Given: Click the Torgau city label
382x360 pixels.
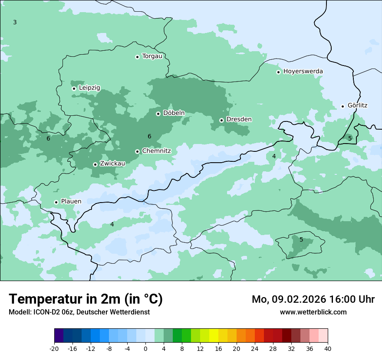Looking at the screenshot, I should coord(152,56).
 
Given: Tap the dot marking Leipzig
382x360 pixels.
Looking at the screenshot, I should coord(74,88).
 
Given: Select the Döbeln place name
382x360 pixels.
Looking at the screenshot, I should coord(174,113).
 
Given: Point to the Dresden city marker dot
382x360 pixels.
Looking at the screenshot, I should coord(221,120).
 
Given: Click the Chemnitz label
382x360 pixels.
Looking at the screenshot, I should coord(156,151).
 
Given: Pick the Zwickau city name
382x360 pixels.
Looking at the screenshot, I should coord(112,164).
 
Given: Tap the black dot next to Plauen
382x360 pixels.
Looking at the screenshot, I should coord(56,202).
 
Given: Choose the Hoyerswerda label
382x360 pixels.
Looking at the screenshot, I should coord(303,72).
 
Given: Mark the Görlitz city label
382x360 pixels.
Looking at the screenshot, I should coord(357,105).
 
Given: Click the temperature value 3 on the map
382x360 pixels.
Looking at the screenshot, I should coord(15,22).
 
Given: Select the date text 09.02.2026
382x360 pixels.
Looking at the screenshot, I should coord(296,299).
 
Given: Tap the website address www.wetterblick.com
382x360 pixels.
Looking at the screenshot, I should coord(313,312).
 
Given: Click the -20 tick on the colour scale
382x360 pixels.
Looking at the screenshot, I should coord(54,349).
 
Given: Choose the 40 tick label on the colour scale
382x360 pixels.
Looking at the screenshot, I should coord(328,349).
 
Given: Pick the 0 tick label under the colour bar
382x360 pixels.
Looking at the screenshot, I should coord(145,349).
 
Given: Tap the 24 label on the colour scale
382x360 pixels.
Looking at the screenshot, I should coord(255,349).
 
